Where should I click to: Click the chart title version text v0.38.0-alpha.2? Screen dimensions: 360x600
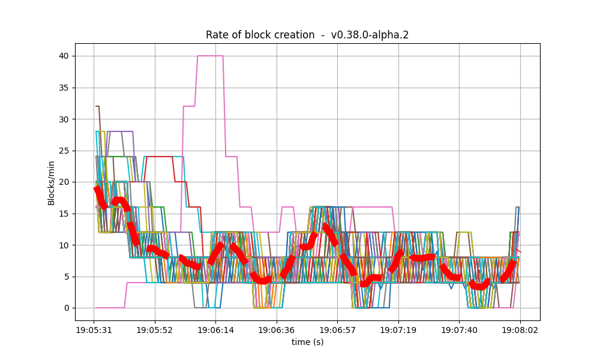coord(370,35)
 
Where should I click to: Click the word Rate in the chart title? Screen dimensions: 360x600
coord(217,35)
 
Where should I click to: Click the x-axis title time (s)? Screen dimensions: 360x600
coord(307,342)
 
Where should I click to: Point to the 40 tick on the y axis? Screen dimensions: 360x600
coord(63,56)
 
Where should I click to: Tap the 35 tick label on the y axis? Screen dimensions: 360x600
coord(63,88)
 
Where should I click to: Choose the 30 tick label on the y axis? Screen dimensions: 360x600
coord(63,119)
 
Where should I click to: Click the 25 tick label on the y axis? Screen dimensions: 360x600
coord(63,151)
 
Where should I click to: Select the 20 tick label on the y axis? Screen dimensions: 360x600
coord(63,182)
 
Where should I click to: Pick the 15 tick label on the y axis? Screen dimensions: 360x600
coord(63,214)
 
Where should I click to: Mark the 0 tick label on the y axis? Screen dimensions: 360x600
coord(65,308)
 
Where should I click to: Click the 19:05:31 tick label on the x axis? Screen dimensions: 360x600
coord(94,330)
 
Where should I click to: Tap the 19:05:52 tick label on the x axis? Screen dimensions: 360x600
coord(155,330)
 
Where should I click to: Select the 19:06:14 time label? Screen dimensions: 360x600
coord(215,330)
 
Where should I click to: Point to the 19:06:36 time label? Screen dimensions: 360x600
coord(277,330)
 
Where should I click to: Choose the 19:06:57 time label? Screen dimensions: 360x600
coord(337,330)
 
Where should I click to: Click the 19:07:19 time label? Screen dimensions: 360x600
coord(398,330)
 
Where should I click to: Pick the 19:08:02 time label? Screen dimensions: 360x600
coord(520,330)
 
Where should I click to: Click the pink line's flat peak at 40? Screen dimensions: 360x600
coord(210,56)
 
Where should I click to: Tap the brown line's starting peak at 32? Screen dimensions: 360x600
coord(97,106)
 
